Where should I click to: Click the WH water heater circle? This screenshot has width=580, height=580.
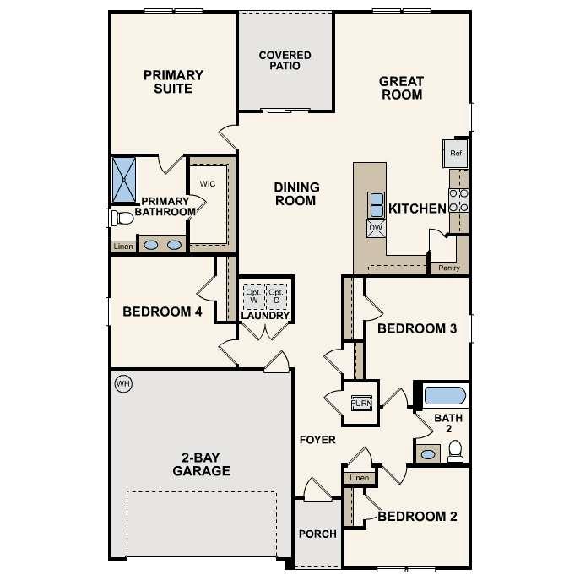click(x=123, y=384)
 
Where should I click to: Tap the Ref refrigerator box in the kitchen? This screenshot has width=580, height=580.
click(x=456, y=154)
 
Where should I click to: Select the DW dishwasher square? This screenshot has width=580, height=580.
click(x=376, y=227)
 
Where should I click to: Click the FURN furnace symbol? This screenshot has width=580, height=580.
click(x=361, y=402)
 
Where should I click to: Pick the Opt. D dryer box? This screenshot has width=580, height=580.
click(x=276, y=296)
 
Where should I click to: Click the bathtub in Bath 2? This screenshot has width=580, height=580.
click(x=444, y=395)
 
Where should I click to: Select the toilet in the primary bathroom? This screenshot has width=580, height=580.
click(x=122, y=219)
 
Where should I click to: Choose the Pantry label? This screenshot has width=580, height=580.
click(x=449, y=268)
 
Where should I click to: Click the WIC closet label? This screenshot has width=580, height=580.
click(x=209, y=183)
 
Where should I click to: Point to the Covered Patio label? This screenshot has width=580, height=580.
click(x=285, y=61)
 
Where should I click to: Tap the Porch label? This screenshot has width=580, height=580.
click(x=317, y=534)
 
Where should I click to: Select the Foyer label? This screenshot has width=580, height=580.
click(x=317, y=440)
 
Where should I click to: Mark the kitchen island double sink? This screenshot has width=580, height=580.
click(x=376, y=204)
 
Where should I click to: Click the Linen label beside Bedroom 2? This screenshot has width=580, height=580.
click(x=359, y=479)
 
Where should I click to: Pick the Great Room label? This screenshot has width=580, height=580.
click(x=401, y=88)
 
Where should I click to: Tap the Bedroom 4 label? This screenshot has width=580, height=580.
click(x=162, y=312)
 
